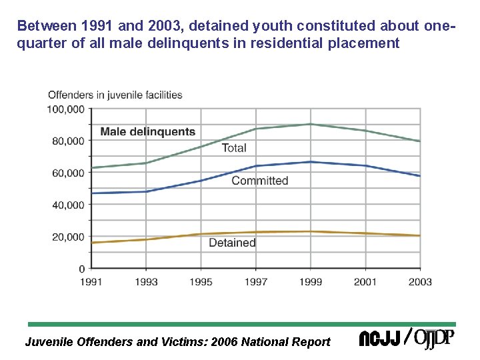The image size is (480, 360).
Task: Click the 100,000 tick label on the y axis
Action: point(66,109)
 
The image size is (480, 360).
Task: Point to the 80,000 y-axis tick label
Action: point(68,141)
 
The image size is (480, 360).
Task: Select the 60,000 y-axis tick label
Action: point(68,173)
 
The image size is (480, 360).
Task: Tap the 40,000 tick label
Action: point(68,205)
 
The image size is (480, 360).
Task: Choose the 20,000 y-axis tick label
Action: point(68,237)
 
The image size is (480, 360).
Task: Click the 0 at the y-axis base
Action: point(82,269)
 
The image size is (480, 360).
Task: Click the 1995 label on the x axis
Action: point(201,281)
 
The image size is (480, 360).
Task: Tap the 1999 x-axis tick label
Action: point(311,281)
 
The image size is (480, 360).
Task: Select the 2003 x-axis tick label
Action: point(420,281)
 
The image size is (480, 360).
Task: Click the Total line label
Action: point(233,148)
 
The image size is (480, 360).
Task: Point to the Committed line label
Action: point(259,181)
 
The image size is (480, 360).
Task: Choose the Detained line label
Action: point(232,243)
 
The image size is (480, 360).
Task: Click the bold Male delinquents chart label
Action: point(147,132)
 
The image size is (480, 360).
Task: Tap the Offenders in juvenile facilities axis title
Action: point(115,95)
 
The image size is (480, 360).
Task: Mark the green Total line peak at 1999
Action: point(311,124)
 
